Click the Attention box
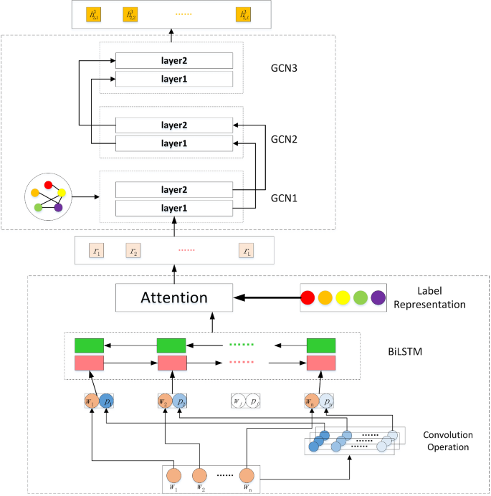click(174, 297)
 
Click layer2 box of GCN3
click(174, 60)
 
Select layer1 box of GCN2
click(174, 143)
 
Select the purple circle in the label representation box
click(378, 297)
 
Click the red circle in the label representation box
click(308, 297)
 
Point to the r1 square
click(97, 251)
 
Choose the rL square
click(247, 251)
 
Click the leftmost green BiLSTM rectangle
click(90, 345)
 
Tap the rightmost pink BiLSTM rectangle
click(320, 364)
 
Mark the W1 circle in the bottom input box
click(173, 474)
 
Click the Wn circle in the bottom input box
click(247, 474)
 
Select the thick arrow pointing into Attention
click(264, 297)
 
